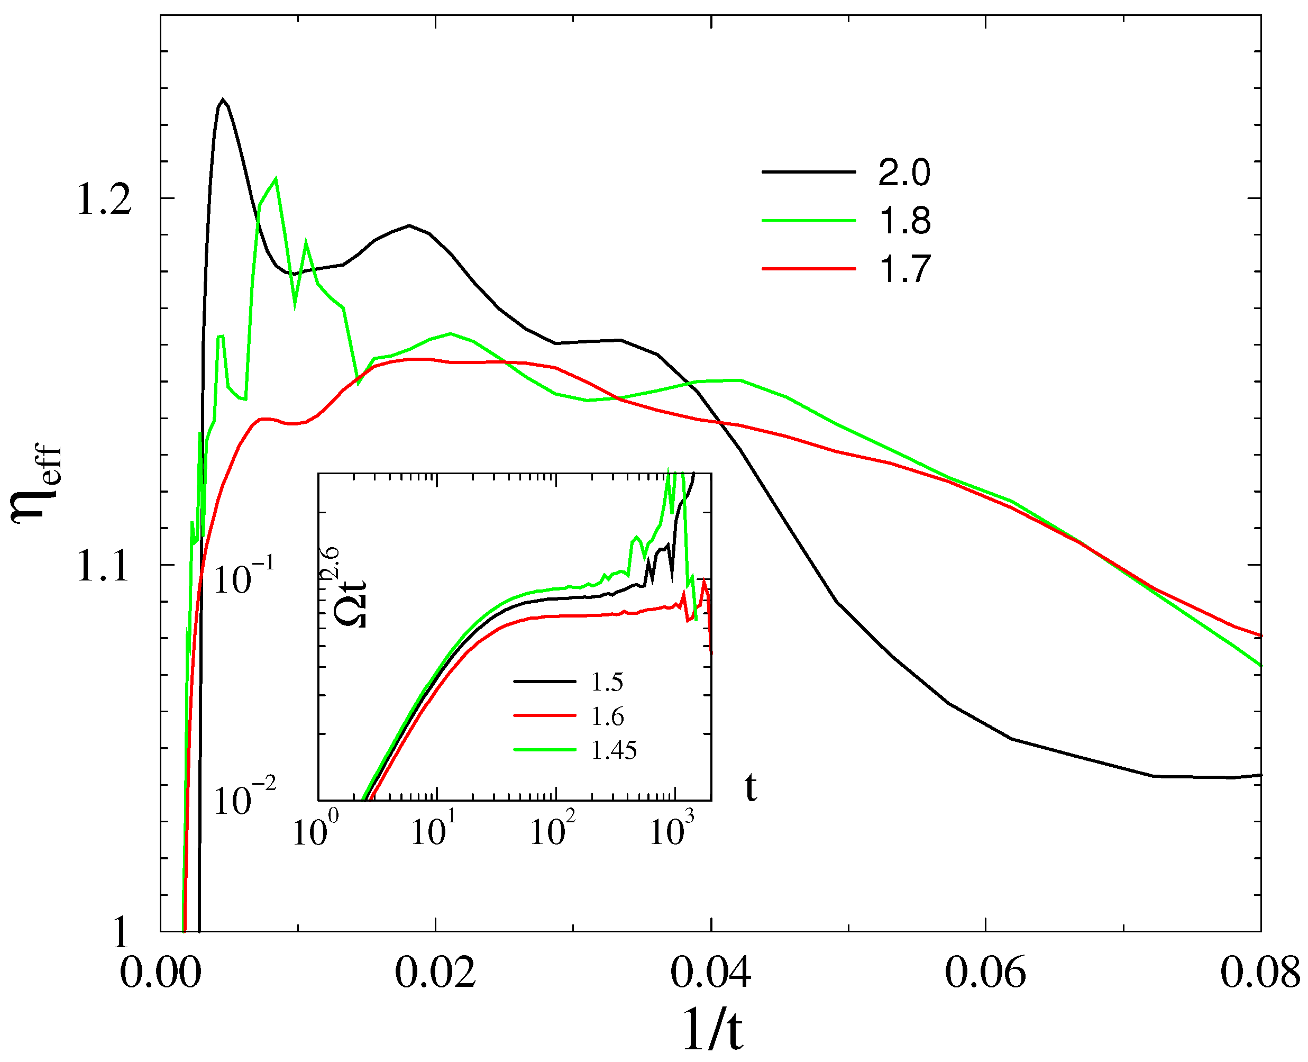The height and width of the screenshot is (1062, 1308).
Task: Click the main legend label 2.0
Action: pos(904,173)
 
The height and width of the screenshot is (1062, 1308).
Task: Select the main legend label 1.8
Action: pos(904,221)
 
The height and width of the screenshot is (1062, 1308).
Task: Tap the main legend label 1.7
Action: pos(904,269)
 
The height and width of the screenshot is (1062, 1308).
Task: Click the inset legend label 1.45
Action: pos(614,750)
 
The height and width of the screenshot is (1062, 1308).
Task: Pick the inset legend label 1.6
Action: pos(607,716)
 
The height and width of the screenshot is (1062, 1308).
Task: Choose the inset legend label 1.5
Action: pos(607,682)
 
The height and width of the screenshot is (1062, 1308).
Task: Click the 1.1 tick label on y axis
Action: pos(103,567)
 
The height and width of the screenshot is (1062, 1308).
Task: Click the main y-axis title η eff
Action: pos(36,483)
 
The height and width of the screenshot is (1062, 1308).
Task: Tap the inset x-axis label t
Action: pos(751,788)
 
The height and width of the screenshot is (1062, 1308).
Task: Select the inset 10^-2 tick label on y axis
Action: pos(243,800)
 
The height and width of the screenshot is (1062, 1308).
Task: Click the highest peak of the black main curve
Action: pos(223,99)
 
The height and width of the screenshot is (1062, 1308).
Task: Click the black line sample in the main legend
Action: pos(808,173)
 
